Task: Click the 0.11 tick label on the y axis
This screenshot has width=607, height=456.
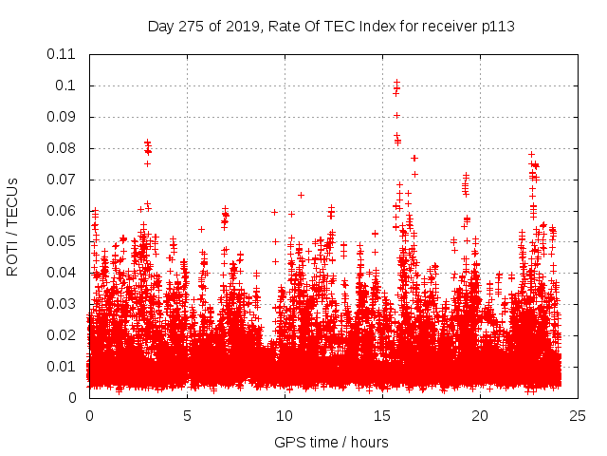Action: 63,54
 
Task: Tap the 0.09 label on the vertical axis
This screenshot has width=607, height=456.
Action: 63,117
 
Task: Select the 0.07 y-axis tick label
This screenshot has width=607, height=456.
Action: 63,179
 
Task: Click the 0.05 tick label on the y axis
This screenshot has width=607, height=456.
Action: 63,241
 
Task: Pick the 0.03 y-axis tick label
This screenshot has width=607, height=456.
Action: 63,304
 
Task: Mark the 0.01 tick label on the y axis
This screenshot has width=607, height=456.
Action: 63,367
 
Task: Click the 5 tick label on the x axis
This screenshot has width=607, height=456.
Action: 187,416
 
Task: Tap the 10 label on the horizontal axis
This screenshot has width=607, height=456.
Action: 285,416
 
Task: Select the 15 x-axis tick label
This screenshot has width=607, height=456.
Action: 382,416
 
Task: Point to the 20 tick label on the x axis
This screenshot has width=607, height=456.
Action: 480,416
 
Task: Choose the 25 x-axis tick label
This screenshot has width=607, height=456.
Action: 578,416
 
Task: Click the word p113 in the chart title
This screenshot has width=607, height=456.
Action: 496,26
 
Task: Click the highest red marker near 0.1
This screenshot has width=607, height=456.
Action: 396,82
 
